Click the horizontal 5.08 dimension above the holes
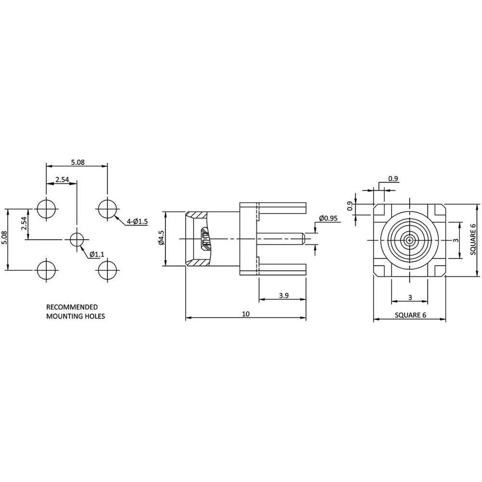point(78,162)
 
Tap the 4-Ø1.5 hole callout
point(137,221)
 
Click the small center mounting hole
point(77,239)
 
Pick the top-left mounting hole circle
point(46,209)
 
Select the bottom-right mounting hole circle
point(107,270)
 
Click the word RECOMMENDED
point(71,307)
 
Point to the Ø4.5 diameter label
point(161,238)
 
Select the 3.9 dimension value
point(283,296)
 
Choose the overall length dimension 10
point(246,314)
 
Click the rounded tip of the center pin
point(303,239)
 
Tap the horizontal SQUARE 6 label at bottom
point(410,315)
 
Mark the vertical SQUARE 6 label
point(474,239)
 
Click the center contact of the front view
point(409,240)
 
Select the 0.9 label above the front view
point(393,179)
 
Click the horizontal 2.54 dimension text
point(62,180)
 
